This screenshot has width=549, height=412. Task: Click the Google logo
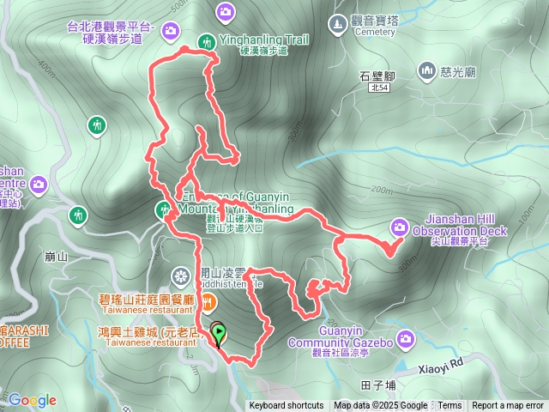(x=33, y=400)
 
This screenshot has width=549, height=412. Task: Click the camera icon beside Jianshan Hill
(x=399, y=227)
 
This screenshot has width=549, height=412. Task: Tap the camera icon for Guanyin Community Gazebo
(x=405, y=338)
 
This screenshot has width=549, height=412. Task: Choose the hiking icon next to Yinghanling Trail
(x=207, y=40)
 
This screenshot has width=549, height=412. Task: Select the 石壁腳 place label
(x=377, y=76)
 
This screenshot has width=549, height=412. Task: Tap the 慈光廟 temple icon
(x=426, y=69)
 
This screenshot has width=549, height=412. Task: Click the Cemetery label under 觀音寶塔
(x=373, y=32)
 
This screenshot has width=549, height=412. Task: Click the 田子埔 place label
(x=378, y=385)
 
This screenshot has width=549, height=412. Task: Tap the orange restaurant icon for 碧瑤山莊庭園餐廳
(x=208, y=300)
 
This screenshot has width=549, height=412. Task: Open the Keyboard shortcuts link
(x=287, y=406)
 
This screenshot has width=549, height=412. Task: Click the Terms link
(x=449, y=406)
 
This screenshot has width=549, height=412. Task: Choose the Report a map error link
(x=509, y=406)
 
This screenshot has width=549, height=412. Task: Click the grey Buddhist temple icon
(x=181, y=276)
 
